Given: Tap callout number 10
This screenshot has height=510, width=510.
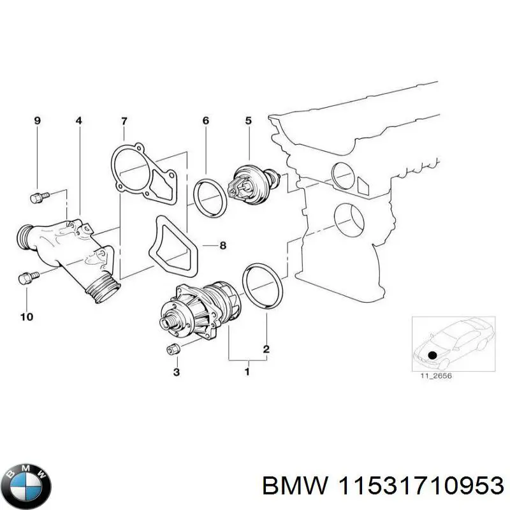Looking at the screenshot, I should [x=27, y=316].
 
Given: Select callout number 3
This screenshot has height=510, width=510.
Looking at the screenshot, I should [x=177, y=372].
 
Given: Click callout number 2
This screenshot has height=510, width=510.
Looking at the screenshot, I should [x=266, y=349].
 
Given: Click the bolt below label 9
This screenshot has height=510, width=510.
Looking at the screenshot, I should [x=38, y=198].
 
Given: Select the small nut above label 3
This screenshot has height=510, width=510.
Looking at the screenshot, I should [x=172, y=349].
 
